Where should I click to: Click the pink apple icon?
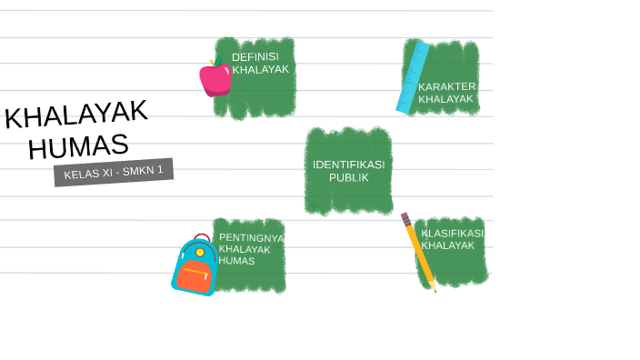[215, 79]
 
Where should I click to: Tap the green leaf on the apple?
[218, 62]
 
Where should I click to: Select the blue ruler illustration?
[412, 78]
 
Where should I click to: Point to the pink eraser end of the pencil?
[405, 217]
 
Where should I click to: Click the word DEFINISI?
[255, 56]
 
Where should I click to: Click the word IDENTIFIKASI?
[348, 165]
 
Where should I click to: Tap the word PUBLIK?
[349, 177]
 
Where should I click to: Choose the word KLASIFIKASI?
[452, 233]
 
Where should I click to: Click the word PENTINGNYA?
[251, 237]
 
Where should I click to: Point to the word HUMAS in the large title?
[78, 145]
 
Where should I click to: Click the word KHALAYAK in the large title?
[76, 115]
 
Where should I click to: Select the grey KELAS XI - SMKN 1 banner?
[114, 172]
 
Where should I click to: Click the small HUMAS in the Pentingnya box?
[236, 261]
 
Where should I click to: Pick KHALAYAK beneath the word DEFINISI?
[261, 69]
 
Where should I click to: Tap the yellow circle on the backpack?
[200, 252]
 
